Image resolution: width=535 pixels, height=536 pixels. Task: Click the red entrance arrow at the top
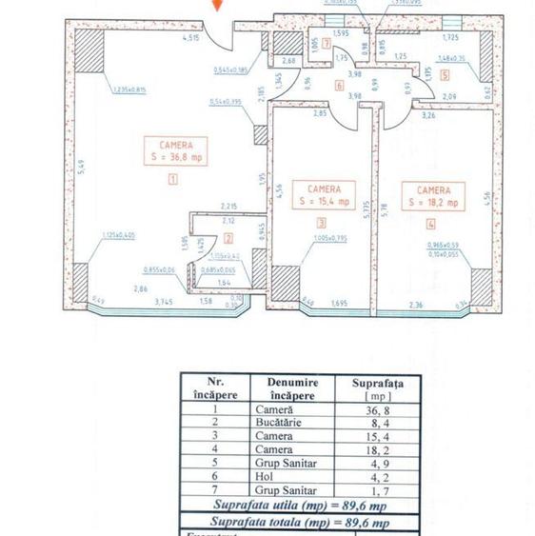(x=218, y=7)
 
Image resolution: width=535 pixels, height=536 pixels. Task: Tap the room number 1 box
(x=172, y=178)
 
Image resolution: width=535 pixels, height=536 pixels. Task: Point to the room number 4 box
(x=430, y=225)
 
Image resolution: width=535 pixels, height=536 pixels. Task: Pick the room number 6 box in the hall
(x=339, y=85)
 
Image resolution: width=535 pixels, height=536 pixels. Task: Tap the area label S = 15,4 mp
(x=324, y=203)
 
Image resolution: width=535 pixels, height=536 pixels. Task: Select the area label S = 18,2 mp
(x=433, y=203)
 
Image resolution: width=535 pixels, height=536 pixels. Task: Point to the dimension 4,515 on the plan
(x=190, y=38)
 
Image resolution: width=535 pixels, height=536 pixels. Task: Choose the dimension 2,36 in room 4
(x=416, y=305)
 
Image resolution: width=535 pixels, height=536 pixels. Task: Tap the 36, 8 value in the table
(x=372, y=409)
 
